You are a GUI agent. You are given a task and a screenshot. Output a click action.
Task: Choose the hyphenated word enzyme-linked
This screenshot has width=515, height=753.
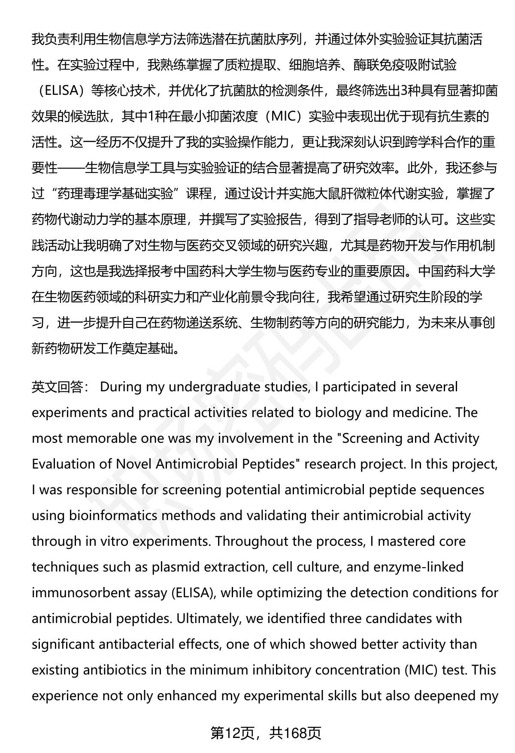tap(418, 567)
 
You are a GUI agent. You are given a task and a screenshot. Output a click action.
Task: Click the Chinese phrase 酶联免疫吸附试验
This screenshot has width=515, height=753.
tap(405, 65)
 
